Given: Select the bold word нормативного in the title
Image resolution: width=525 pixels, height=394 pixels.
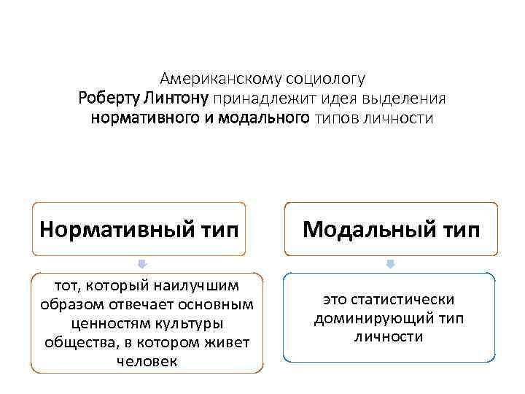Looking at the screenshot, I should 146,117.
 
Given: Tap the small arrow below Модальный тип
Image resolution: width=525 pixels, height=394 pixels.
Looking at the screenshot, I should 391,263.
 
